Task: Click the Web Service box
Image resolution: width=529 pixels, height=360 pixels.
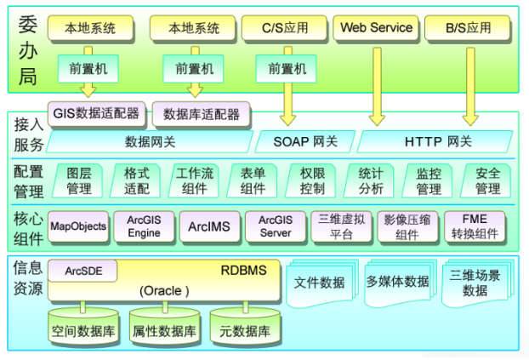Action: pos(376,28)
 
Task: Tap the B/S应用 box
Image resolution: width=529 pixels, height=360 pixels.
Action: pos(468,28)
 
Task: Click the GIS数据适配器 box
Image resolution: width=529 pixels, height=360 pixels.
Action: pos(95,113)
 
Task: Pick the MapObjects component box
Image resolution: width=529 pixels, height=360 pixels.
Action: pos(78,226)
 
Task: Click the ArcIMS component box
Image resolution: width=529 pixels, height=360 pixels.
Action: pos(205,226)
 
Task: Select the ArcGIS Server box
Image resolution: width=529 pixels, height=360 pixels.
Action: pos(275,226)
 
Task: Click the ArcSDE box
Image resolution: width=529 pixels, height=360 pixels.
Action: pos(82,271)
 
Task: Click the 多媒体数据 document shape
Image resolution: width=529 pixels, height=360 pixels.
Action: pos(397,283)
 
